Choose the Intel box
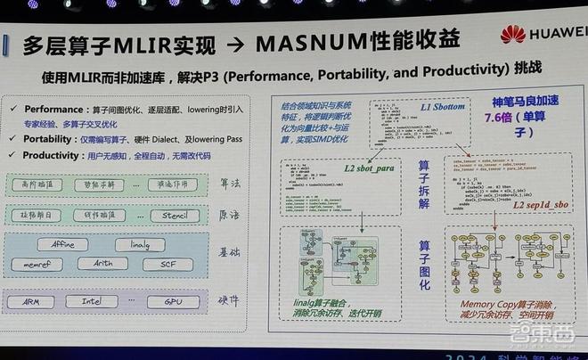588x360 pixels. [x=99, y=302]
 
